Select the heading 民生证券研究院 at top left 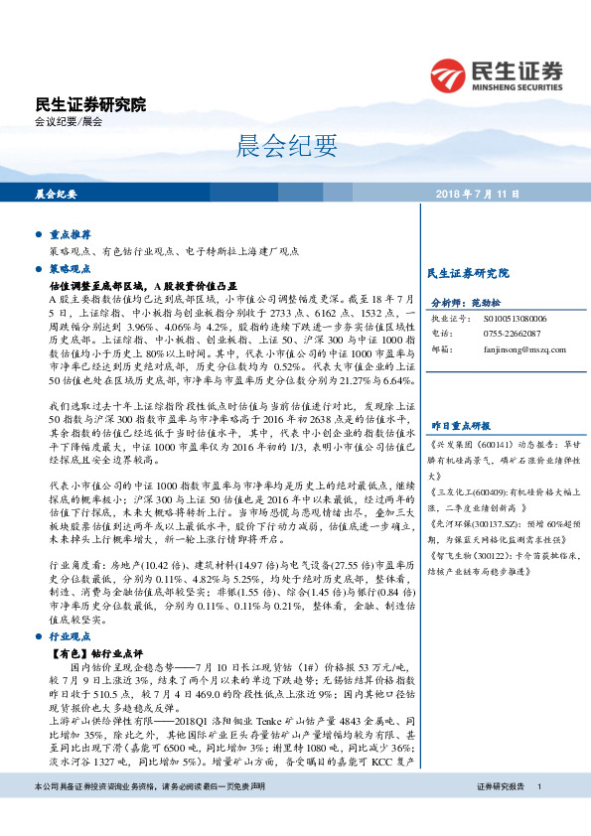coord(89,104)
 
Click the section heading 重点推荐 coord(70,234)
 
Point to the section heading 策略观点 coord(70,268)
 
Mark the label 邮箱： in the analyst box coord(442,350)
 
